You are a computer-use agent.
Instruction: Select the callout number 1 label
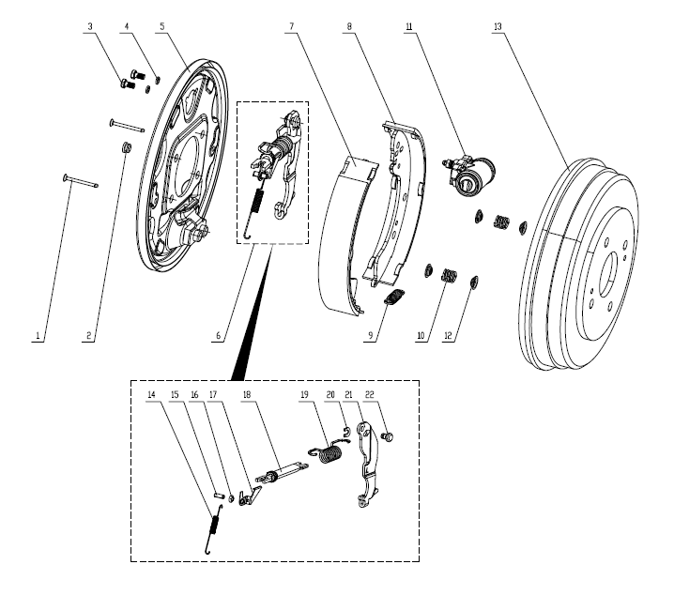38,335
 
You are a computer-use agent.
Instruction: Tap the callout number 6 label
219,335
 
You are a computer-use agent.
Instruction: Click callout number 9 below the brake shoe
371,335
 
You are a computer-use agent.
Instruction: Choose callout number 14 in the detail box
151,395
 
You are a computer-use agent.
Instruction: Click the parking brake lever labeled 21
370,469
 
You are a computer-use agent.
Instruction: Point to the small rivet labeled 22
391,436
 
